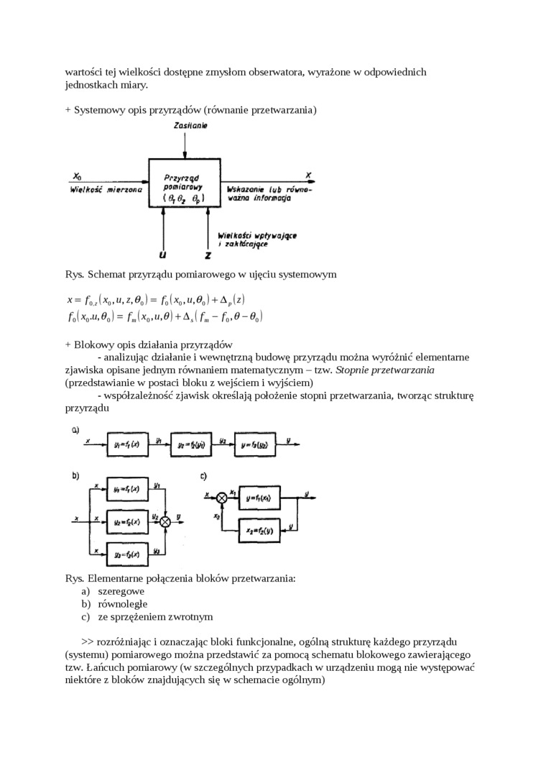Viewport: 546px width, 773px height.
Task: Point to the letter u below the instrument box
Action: [x=164, y=253]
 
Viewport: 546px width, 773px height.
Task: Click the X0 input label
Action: [x=78, y=176]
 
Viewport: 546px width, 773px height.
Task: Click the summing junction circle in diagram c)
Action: [x=221, y=497]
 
